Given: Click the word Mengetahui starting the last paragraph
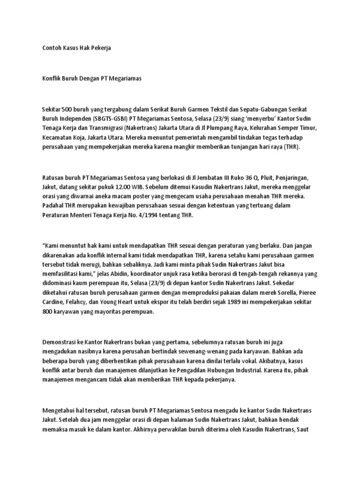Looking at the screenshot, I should point(59,411).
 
